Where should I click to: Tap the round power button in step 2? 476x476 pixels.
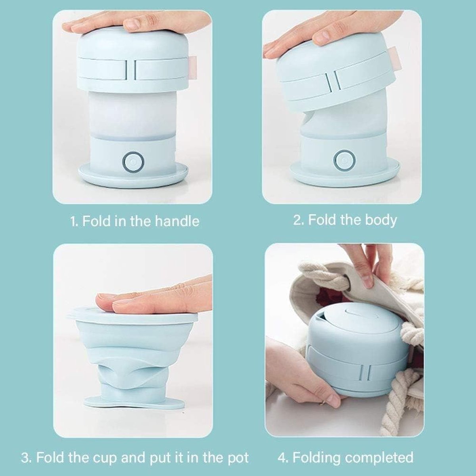[x=345, y=159]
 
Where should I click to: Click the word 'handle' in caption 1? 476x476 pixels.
[x=177, y=221]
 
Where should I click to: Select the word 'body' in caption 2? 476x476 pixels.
[x=381, y=220]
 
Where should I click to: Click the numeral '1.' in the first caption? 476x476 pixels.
[x=74, y=221]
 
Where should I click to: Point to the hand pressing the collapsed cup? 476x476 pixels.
[x=154, y=299]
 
